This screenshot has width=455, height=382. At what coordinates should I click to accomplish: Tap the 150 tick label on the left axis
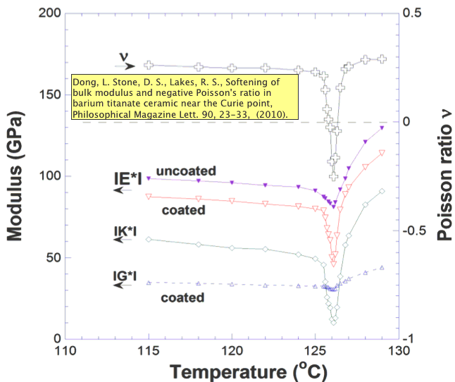click(48, 95)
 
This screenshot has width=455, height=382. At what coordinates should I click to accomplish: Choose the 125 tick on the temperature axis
click(316, 350)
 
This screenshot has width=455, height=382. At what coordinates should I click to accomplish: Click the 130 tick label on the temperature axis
click(399, 350)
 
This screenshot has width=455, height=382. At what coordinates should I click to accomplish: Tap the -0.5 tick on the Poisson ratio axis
click(416, 230)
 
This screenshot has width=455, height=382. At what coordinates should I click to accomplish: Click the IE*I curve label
click(127, 179)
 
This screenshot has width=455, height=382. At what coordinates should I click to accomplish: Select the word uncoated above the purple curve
click(186, 171)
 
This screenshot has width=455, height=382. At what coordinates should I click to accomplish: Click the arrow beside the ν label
click(127, 66)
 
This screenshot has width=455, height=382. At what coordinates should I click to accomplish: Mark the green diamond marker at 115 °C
click(149, 240)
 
